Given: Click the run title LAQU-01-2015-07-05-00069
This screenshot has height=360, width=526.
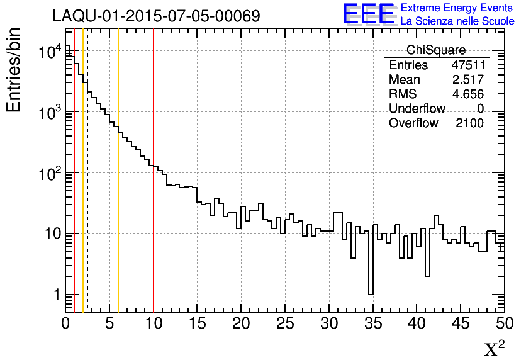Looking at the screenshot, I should click(156, 16).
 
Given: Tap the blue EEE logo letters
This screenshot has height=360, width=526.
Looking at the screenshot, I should click(368, 14).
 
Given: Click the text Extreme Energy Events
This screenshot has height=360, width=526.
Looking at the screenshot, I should click(456, 8).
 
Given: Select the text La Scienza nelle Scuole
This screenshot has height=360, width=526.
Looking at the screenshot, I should click(457, 21).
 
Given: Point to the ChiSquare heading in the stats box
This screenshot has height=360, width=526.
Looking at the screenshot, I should click(436, 50).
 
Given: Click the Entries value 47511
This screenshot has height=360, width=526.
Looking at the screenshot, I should click(467, 65).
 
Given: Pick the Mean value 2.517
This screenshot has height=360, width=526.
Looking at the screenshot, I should click(467, 80).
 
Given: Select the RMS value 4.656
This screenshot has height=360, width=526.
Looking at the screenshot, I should click(467, 94).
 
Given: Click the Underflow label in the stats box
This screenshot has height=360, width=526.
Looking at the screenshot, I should click(417, 109).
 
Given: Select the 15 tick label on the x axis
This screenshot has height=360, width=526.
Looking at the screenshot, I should click(198, 324).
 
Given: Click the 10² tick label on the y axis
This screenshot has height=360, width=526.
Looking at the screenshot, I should click(48, 172).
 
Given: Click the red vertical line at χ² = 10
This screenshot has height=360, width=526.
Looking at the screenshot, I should click(154, 189).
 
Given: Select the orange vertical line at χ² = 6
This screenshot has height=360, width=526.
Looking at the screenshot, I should click(118, 220).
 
